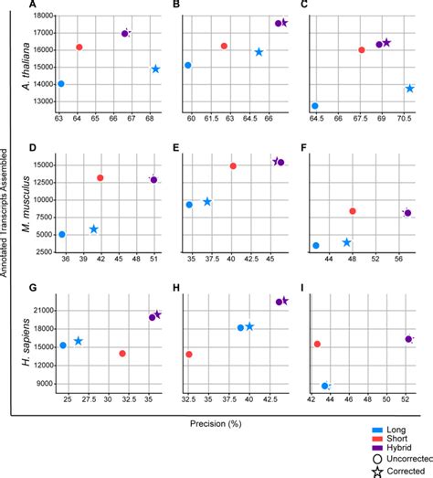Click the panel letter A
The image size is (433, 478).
coord(33,5)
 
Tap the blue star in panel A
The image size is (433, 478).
coord(155,69)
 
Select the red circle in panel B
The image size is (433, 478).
coord(224,46)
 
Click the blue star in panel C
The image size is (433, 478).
coord(410,89)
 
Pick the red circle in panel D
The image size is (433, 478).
coord(100,178)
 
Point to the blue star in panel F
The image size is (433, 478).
coord(347,242)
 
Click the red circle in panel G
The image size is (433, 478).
coord(121,353)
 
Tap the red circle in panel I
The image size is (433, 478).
coord(317,344)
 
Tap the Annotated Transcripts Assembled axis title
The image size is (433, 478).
coord(7,219)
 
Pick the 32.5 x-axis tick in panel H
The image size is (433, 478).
coord(189,399)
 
